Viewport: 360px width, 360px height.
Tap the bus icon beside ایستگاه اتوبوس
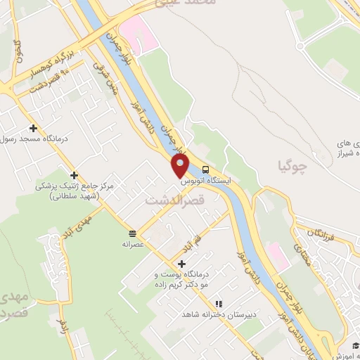point(205,169)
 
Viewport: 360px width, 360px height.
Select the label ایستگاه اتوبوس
point(205,181)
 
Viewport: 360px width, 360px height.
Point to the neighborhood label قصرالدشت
point(174,200)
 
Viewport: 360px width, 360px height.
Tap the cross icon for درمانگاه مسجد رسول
point(33,127)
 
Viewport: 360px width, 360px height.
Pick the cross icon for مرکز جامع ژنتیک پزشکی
point(75,174)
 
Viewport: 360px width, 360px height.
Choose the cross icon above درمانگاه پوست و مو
point(181,263)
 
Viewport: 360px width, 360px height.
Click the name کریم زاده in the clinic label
point(202,285)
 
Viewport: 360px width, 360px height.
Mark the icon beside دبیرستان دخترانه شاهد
point(219,304)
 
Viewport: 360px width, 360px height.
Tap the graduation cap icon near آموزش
point(356,344)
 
